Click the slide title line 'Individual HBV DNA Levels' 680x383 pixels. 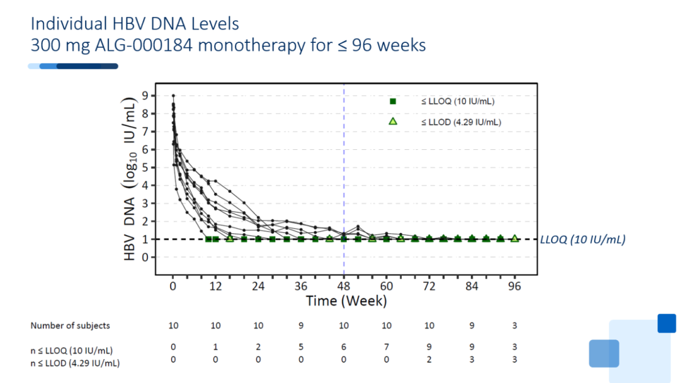pos(135,24)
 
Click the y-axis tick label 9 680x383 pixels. pos(145,95)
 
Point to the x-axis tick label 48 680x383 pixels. pos(344,286)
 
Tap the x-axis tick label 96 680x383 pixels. pos(514,286)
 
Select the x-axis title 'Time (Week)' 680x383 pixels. pos(346,301)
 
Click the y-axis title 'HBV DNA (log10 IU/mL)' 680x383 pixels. pos(130,179)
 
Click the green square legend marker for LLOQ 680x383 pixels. pos(393,101)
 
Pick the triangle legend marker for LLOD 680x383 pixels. pos(393,122)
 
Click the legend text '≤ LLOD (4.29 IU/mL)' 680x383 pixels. pos(461,122)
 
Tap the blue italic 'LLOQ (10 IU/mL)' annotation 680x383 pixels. pos(582,239)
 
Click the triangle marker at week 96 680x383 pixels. pos(514,238)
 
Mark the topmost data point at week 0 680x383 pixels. pos(173,95)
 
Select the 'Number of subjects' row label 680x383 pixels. pos(71,326)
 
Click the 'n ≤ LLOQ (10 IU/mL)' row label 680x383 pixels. pos(72,350)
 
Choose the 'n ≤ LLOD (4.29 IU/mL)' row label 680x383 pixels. pos(75,363)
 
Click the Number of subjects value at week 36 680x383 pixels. pos(301,326)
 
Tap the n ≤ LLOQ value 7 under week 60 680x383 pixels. pos(387,347)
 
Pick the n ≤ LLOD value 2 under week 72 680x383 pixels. pos(429,360)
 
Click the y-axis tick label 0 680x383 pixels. pos(145,257)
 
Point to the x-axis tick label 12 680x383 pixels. pos(215,286)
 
